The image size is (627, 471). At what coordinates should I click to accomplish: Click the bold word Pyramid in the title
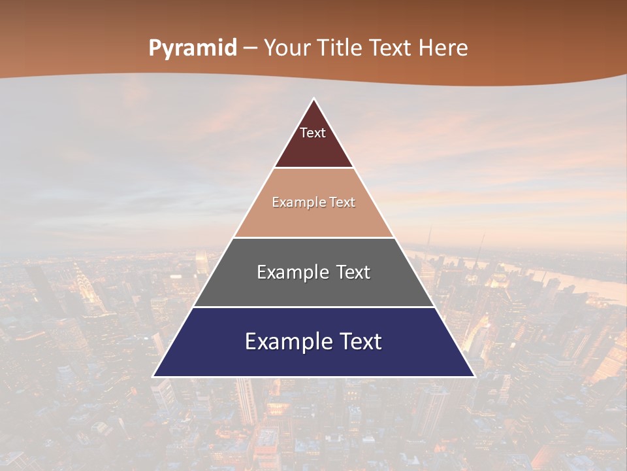193,48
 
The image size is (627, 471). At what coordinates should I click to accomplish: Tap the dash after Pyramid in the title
250,48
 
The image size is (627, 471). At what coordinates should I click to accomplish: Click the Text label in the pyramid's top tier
313,133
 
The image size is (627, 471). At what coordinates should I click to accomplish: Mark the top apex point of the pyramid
313,99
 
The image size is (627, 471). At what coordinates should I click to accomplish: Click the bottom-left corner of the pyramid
153,376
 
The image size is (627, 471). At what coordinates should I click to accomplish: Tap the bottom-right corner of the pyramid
474,376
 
